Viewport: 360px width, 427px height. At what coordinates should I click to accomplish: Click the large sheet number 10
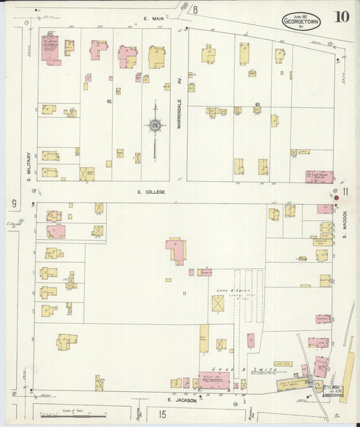click(x=340, y=17)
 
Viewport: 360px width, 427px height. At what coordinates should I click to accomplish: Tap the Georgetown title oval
click(x=301, y=21)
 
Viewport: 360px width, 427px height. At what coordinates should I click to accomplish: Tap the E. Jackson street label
click(x=183, y=400)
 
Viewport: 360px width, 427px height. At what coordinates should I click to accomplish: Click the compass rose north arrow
click(x=155, y=125)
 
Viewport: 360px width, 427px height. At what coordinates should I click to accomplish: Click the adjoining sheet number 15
click(x=162, y=413)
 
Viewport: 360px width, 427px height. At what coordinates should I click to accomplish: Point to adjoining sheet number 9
click(x=13, y=203)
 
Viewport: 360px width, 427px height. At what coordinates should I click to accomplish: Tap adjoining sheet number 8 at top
click(x=195, y=9)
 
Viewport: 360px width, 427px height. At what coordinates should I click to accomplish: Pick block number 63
click(x=257, y=104)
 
